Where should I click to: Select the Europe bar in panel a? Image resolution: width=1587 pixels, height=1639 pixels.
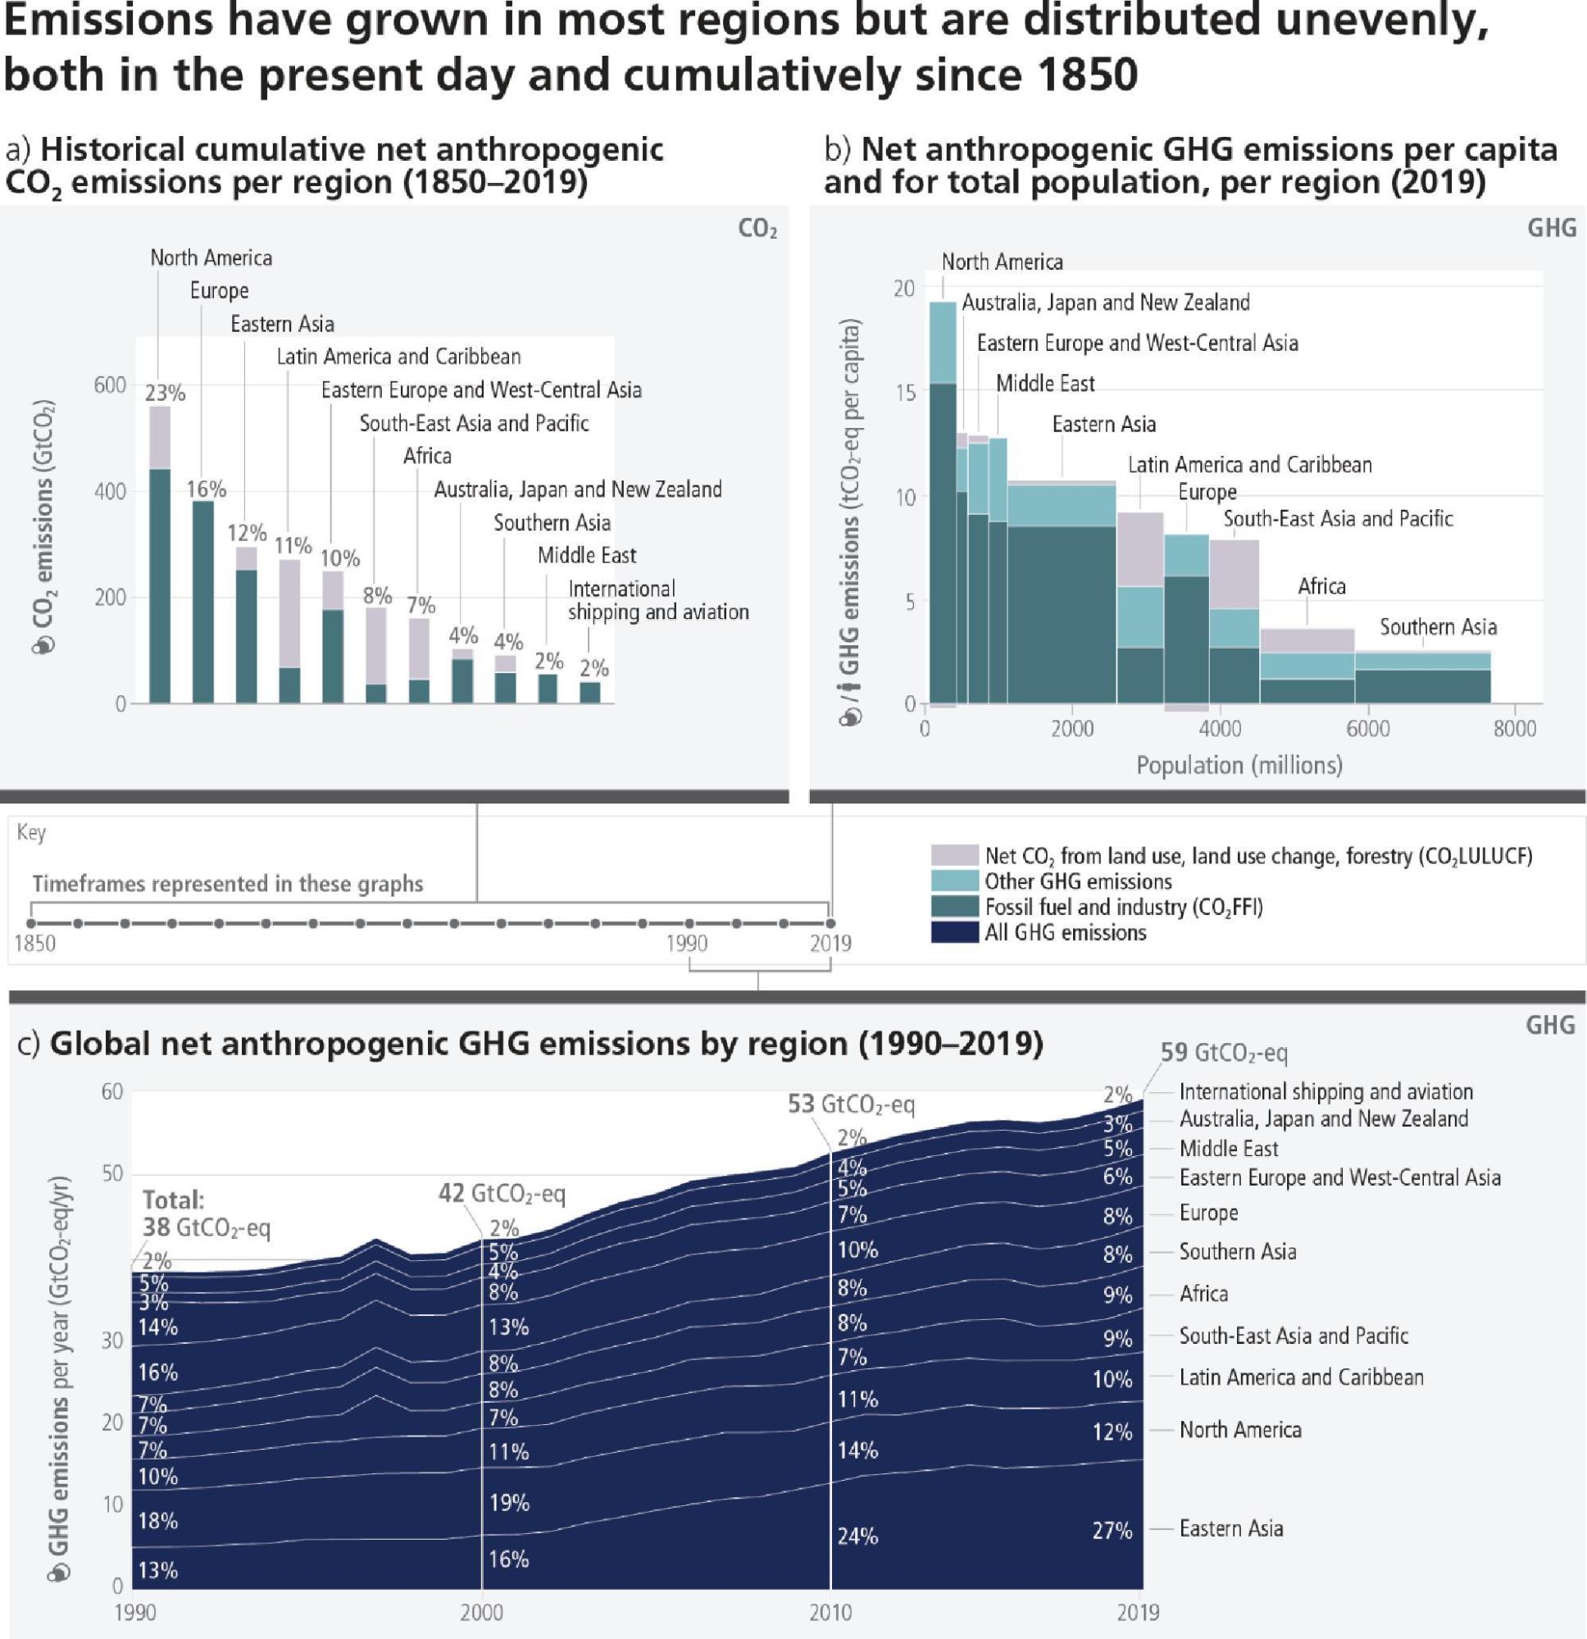pyautogui.click(x=203, y=601)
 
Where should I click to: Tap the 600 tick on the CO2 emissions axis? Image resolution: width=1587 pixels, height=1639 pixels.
pyautogui.click(x=110, y=385)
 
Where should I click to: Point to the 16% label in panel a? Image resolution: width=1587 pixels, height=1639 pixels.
pyautogui.click(x=206, y=489)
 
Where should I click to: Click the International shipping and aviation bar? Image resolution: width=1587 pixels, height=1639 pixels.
pyautogui.click(x=590, y=692)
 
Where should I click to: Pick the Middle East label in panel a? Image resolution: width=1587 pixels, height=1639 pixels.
pyautogui.click(x=586, y=555)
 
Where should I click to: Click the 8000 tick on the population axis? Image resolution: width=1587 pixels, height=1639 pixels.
pyautogui.click(x=1514, y=728)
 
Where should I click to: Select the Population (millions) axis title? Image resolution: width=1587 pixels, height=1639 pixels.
pyautogui.click(x=1239, y=765)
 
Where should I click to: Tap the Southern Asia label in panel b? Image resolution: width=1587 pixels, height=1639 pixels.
pyautogui.click(x=1437, y=626)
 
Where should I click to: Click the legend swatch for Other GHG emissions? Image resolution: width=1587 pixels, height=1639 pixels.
pyautogui.click(x=954, y=881)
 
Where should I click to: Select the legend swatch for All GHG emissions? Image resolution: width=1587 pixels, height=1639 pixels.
pyautogui.click(x=954, y=932)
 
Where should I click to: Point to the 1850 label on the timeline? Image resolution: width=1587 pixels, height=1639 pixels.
pyautogui.click(x=35, y=943)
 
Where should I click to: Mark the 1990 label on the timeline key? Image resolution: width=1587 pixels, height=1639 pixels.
pyautogui.click(x=686, y=943)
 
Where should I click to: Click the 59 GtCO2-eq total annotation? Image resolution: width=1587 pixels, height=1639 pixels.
pyautogui.click(x=1223, y=1053)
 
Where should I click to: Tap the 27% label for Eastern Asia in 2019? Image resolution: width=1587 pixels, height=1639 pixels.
pyautogui.click(x=1112, y=1530)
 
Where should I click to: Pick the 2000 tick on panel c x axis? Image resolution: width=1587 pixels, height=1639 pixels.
pyautogui.click(x=482, y=1611)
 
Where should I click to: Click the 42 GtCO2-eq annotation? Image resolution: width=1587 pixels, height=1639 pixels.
pyautogui.click(x=502, y=1193)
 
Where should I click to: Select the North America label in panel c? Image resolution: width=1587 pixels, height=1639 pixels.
pyautogui.click(x=1240, y=1429)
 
